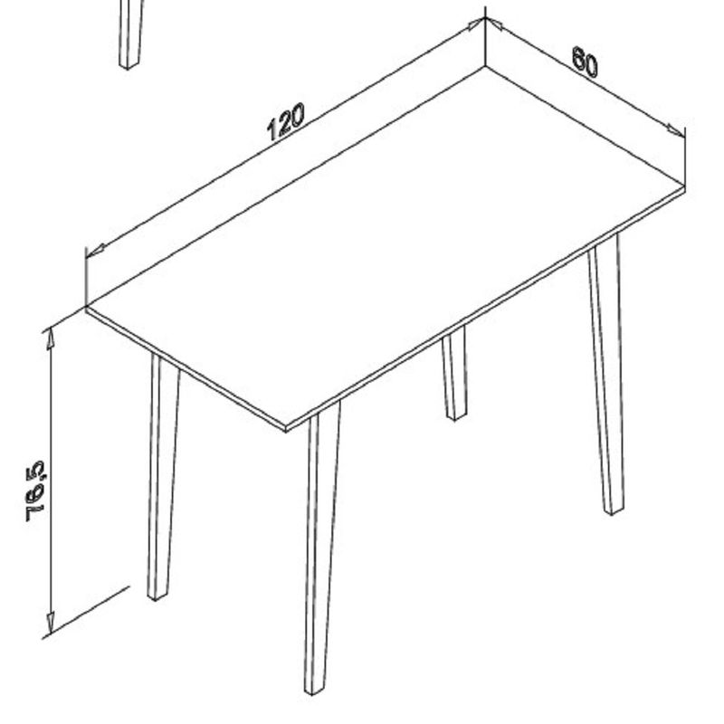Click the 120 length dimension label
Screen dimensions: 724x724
coord(286,121)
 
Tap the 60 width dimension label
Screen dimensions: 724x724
coord(585,62)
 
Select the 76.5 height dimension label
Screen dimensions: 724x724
coord(36,491)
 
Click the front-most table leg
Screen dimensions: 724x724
coord(322,548)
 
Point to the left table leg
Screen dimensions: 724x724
coord(163,477)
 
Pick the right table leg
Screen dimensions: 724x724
coord(606,374)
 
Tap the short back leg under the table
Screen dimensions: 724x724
coord(454,373)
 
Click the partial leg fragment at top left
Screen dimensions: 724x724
coord(131,34)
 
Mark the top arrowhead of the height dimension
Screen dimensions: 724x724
coord(51,339)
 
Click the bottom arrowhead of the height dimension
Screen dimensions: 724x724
coord(51,624)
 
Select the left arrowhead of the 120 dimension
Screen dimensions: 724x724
coord(96,251)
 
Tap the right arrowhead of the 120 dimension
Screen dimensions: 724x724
coord(476,24)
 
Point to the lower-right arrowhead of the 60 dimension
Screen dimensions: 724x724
coord(676,130)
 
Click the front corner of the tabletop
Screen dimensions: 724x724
coord(286,428)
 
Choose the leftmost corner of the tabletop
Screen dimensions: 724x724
coord(86,308)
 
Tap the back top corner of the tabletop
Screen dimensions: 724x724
coord(485,67)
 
